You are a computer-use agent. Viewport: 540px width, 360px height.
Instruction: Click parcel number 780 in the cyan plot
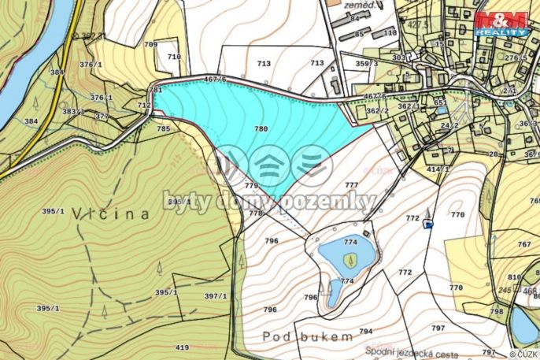pyautogui.click(x=261, y=128)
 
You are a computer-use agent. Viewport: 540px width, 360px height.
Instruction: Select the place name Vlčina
pyautogui.click(x=110, y=213)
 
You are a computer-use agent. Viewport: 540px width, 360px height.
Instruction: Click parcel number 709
pyautogui.click(x=150, y=45)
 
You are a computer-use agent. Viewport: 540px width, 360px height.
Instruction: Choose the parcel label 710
pyautogui.click(x=174, y=57)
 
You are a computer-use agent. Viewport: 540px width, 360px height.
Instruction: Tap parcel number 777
pyautogui.click(x=351, y=184)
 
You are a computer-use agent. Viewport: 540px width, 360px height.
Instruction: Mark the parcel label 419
pyautogui.click(x=182, y=347)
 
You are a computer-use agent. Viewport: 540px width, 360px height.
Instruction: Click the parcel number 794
pyautogui.click(x=365, y=331)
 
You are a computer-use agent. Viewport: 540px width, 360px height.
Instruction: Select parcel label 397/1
pyautogui.click(x=215, y=296)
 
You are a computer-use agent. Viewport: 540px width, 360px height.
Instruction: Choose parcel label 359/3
pyautogui.click(x=366, y=63)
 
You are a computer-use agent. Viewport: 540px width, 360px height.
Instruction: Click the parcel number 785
pyautogui.click(x=163, y=128)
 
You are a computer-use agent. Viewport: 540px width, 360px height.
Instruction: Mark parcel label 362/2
pyautogui.click(x=378, y=112)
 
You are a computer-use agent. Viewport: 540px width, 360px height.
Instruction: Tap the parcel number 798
pyautogui.click(x=497, y=312)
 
